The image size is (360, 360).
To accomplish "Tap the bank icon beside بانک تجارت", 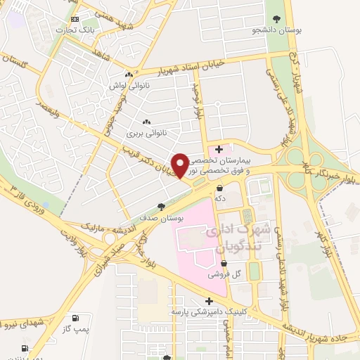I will coord(75,19).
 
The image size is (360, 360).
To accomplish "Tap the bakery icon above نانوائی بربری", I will coord(146,121).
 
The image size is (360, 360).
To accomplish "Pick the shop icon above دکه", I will coord(220,188).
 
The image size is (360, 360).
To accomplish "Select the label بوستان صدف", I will coord(162,218).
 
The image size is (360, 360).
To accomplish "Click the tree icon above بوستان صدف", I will coord(162,207).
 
